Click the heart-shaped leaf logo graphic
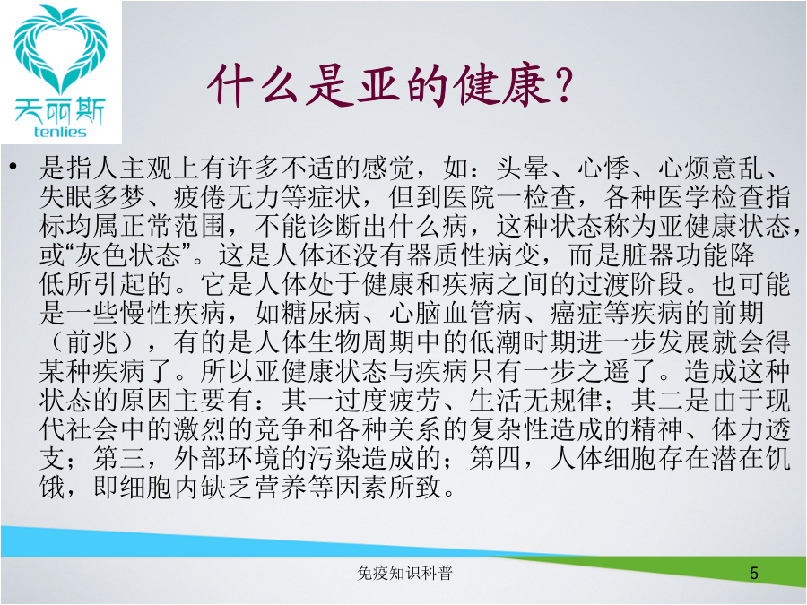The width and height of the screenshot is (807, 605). (61, 49)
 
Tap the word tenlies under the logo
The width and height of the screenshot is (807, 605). (60, 133)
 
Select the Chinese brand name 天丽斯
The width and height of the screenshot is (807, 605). (60, 110)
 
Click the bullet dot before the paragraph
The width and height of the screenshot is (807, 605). (13, 166)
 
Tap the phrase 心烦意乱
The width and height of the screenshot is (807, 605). (711, 168)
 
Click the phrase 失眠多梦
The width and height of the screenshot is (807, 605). (93, 196)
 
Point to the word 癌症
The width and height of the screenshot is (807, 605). (577, 312)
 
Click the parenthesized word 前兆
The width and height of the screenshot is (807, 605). (93, 341)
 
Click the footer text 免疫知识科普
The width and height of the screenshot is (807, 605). (404, 573)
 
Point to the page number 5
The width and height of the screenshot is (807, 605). (754, 573)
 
